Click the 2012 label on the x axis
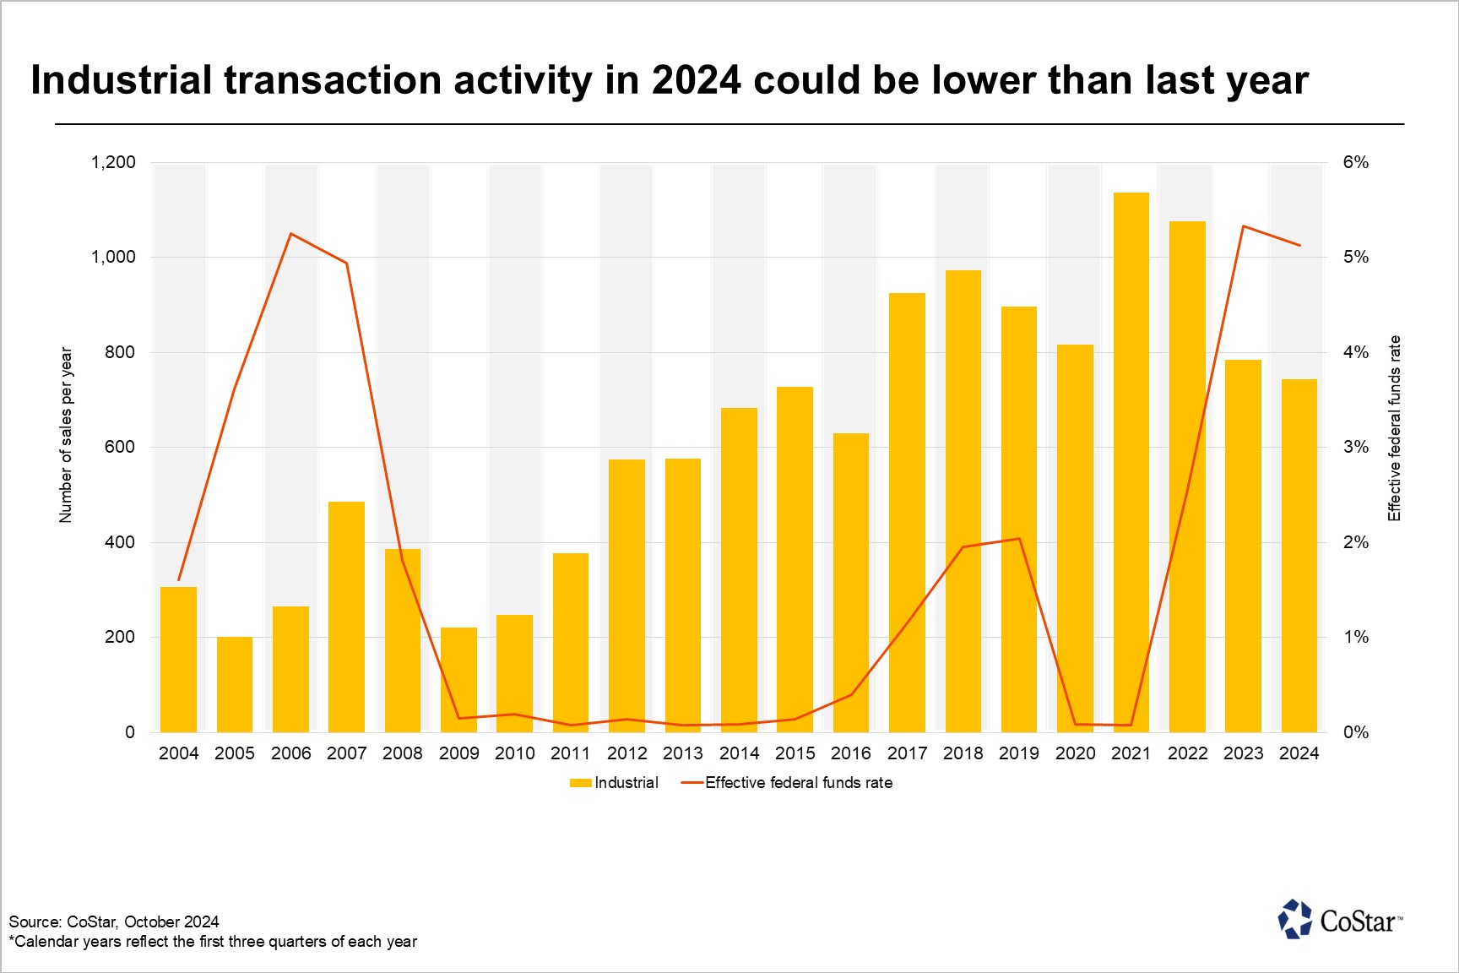point(626,753)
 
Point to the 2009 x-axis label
point(458,753)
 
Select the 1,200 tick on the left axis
point(113,162)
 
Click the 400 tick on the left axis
point(119,542)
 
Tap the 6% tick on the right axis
point(1356,162)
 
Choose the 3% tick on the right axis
point(1356,447)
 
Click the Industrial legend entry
point(615,783)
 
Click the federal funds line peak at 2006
point(290,233)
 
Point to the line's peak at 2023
point(1244,226)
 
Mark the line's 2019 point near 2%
point(1019,539)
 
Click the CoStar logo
point(1340,920)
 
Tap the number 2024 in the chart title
point(696,80)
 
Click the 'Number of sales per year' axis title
point(66,435)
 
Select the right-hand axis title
point(1395,428)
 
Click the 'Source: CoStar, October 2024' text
point(114,921)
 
